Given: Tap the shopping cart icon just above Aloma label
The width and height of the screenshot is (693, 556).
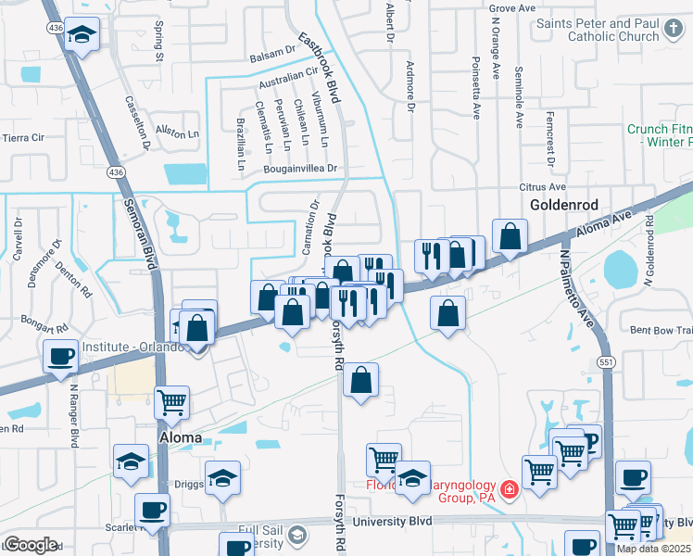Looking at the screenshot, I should pos(172,402).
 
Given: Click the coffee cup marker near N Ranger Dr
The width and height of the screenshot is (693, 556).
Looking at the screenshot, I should pos(61,356).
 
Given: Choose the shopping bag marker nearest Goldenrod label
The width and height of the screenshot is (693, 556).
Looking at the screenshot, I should pos(510,236).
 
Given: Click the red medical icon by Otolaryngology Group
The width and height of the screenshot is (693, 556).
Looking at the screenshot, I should pos(508,489).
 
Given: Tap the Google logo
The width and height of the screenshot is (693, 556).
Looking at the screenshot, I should pos(31,546).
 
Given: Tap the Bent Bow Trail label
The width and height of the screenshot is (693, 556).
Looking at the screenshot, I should pos(661,330).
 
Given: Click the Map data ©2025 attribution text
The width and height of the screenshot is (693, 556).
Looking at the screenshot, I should pos(653,549).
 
